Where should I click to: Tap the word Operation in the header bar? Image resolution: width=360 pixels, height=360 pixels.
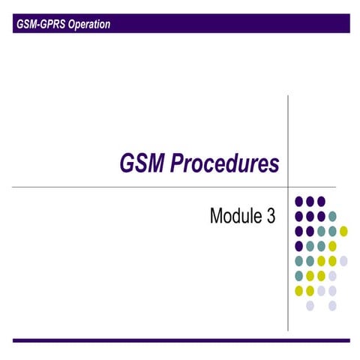point(88,25)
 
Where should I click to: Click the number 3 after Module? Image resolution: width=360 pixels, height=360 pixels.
point(271,217)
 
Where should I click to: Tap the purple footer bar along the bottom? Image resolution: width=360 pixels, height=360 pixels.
point(180,340)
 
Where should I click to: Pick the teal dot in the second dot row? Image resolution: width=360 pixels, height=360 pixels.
point(332,216)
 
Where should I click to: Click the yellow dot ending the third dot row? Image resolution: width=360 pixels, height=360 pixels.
point(343,231)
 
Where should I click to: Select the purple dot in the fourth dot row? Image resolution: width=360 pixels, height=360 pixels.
point(299,246)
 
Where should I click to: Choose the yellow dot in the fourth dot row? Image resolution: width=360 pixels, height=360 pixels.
point(332,246)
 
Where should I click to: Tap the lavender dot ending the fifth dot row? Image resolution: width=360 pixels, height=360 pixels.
point(343,261)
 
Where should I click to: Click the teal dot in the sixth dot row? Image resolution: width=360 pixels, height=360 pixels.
point(299,276)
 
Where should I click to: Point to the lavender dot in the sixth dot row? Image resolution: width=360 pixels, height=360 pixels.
point(332,276)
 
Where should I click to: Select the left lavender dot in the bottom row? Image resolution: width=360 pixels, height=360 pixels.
point(310,306)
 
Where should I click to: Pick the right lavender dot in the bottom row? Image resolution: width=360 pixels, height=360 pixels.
point(332,306)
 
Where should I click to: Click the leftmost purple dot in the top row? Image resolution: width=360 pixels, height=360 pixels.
point(299,201)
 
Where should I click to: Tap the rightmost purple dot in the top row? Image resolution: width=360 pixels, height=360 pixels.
point(321,201)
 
